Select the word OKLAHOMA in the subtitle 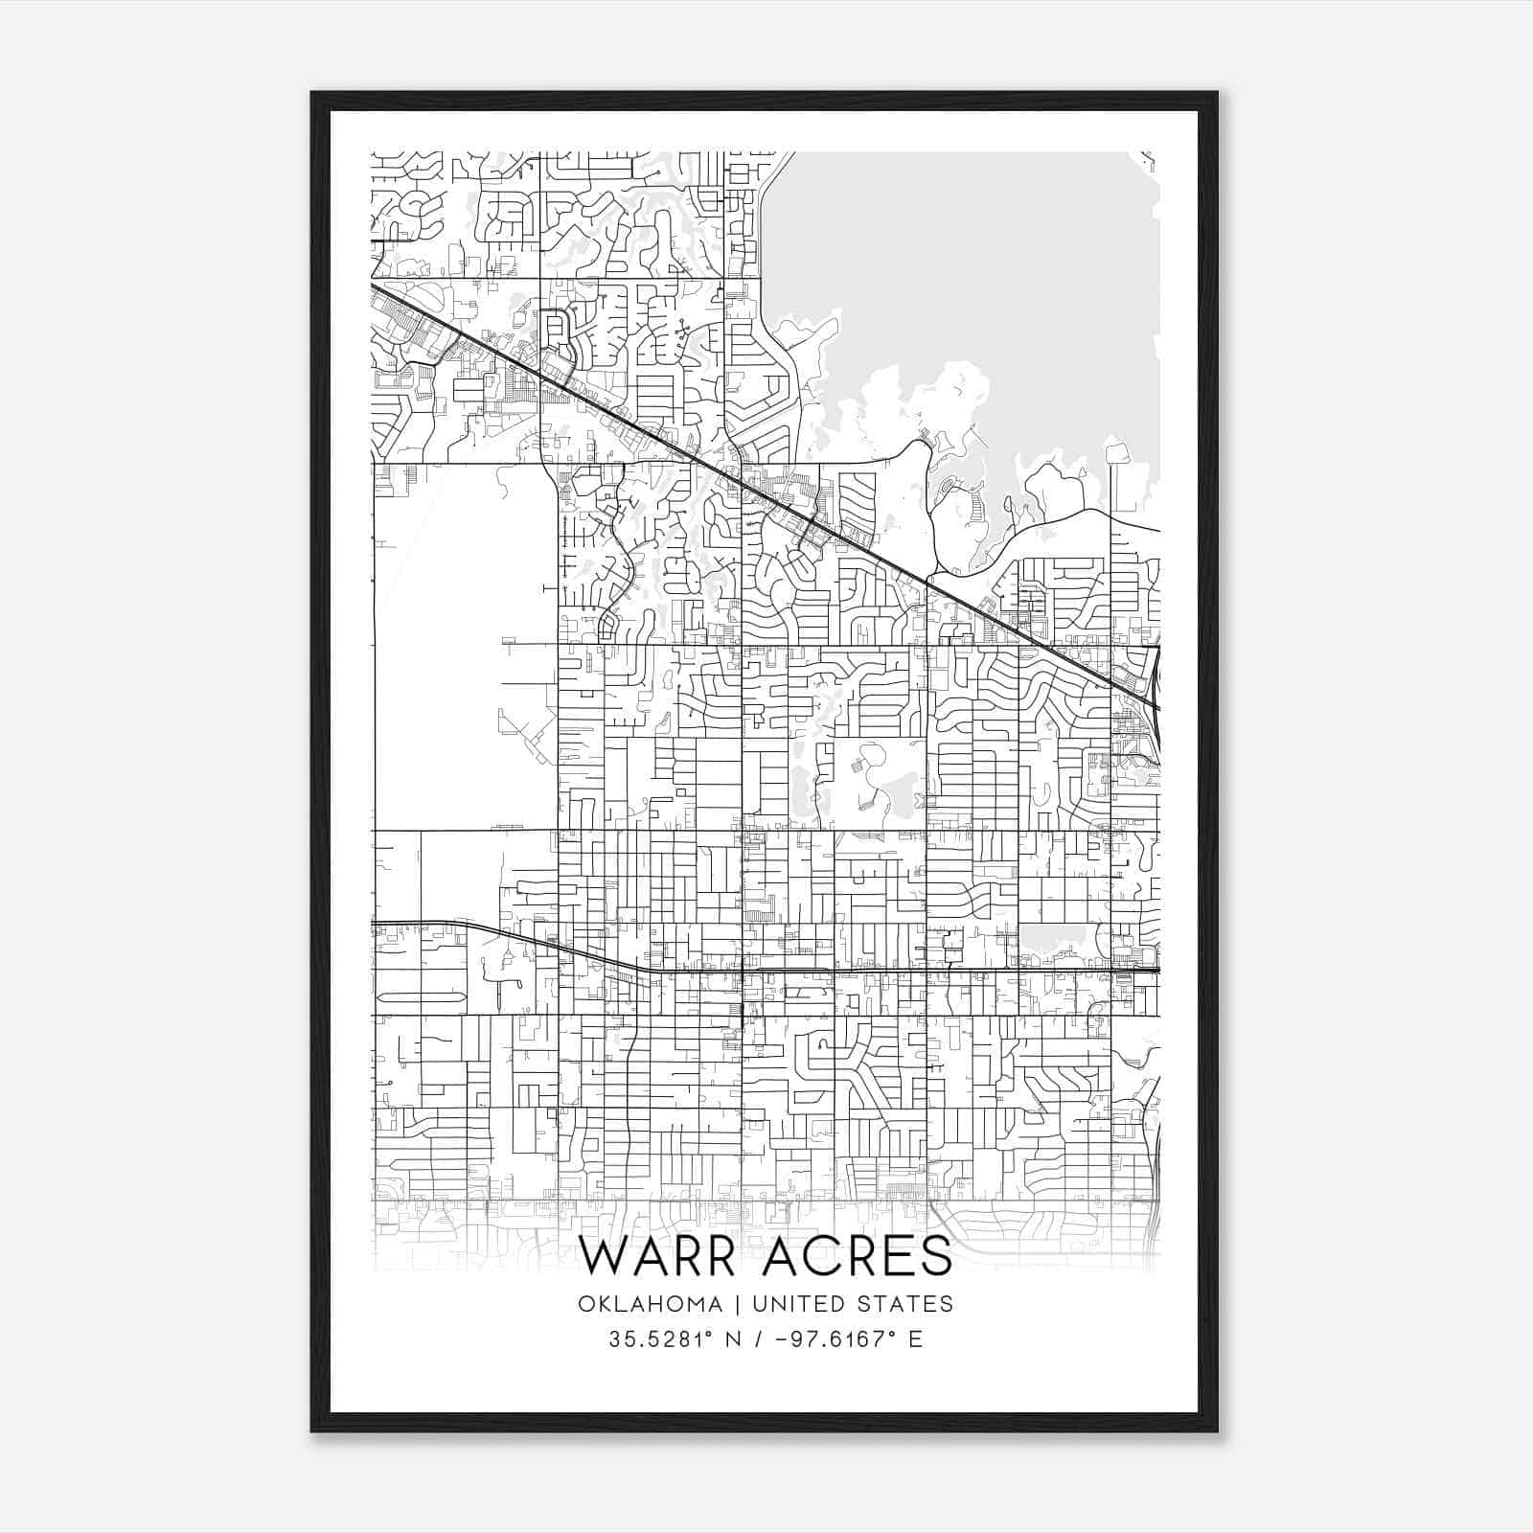pyautogui.click(x=651, y=1304)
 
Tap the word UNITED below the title pyautogui.click(x=799, y=1304)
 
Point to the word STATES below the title pyautogui.click(x=904, y=1304)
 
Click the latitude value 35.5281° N pyautogui.click(x=670, y=1339)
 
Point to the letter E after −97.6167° pyautogui.click(x=916, y=1339)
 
